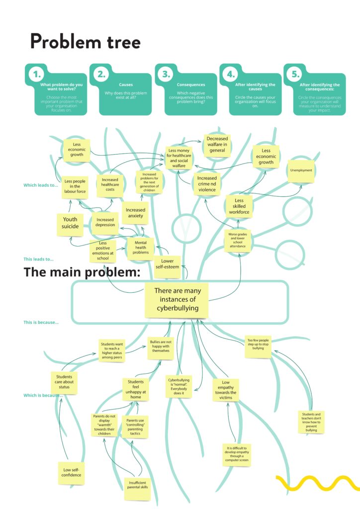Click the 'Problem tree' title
(86, 41)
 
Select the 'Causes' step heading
(126, 85)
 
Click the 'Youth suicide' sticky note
(70, 223)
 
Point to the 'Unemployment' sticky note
(301, 171)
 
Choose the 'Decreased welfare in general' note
(217, 144)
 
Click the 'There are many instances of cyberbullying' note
(177, 300)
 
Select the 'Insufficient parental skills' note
(137, 489)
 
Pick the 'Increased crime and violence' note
(207, 183)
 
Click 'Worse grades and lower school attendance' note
(238, 240)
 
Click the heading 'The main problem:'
(82, 272)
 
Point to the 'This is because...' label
(41, 322)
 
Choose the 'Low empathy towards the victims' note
(226, 390)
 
